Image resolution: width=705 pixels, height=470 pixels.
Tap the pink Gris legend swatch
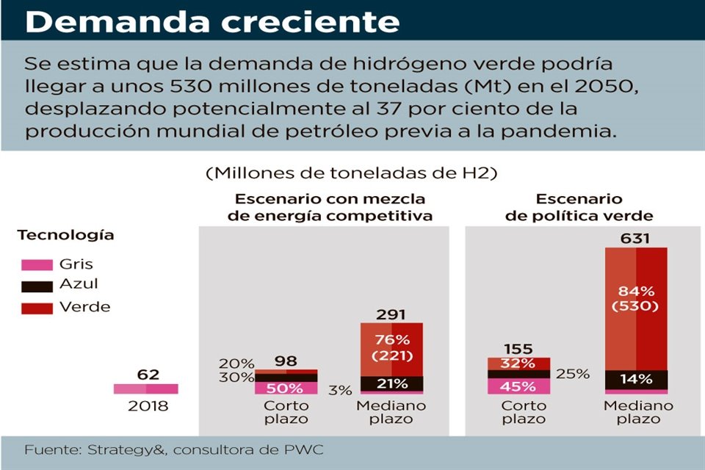tap(35, 265)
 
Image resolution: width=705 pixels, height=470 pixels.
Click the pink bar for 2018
tap(145, 388)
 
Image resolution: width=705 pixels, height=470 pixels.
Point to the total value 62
tap(148, 375)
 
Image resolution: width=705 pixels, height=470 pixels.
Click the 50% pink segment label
tap(286, 388)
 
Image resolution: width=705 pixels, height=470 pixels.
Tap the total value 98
tap(286, 361)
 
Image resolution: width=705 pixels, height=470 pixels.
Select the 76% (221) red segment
tap(391, 348)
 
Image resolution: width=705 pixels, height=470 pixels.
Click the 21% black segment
tap(391, 383)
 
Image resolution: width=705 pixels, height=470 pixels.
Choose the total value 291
tap(391, 314)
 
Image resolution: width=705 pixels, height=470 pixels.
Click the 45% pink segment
tap(518, 386)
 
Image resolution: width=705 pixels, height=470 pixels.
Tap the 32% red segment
tap(518, 363)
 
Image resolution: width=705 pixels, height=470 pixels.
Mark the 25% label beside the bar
tap(572, 374)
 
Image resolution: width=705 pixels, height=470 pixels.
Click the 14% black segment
tap(636, 380)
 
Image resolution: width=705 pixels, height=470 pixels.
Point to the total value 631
tap(636, 239)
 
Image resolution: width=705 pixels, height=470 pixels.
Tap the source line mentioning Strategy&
tap(174, 449)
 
